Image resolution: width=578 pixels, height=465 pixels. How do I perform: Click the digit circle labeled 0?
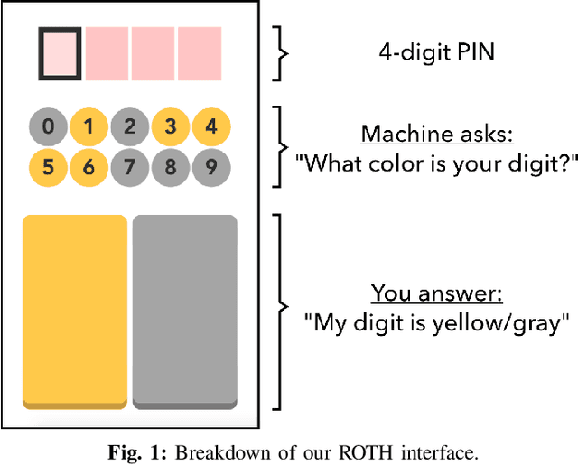pos(48,126)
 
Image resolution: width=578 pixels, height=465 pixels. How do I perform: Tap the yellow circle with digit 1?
pos(89,126)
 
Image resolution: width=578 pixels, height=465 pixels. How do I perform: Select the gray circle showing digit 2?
pos(130,126)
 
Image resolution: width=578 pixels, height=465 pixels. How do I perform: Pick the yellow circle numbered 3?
pos(171,126)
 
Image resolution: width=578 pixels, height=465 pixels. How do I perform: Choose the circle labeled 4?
pos(211,126)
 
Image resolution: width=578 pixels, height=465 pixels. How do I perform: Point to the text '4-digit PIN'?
pos(436,52)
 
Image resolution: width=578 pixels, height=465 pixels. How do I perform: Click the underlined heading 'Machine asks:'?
pos(436,135)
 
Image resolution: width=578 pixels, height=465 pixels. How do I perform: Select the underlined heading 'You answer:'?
pos(436,294)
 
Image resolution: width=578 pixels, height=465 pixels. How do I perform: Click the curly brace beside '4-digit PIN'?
pos(282,52)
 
